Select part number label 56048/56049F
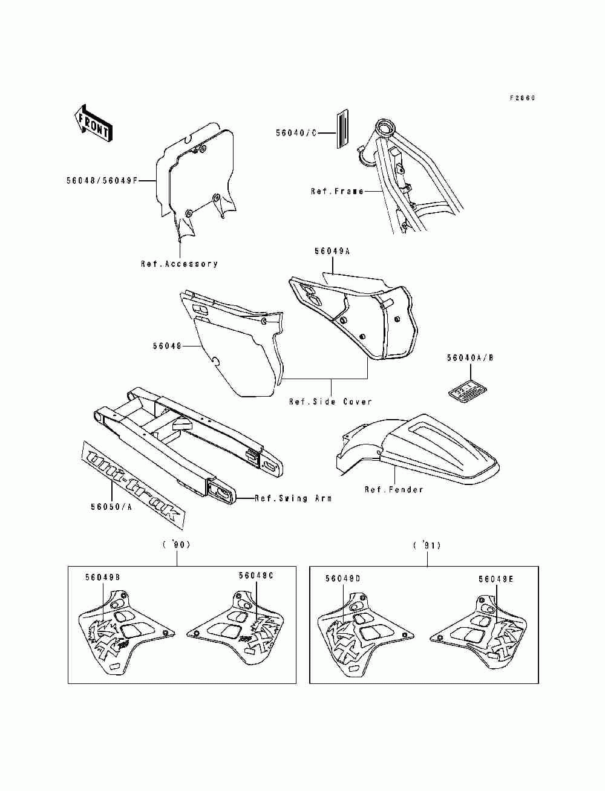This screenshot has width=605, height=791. point(102,180)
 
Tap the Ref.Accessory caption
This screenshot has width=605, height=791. point(179,264)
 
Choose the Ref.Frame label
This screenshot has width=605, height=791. point(337,191)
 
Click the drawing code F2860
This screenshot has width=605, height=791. point(522,98)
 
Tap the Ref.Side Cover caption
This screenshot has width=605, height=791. point(330,402)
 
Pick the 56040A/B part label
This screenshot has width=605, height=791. point(470,358)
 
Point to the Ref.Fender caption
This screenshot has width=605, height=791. point(394,489)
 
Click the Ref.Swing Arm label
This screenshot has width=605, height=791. point(293,498)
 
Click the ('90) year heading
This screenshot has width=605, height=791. point(177,545)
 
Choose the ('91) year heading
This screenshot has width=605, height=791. point(427,545)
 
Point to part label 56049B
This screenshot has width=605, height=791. point(102,578)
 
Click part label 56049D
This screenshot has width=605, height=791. point(343,579)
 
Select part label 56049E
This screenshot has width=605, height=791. point(495,579)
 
